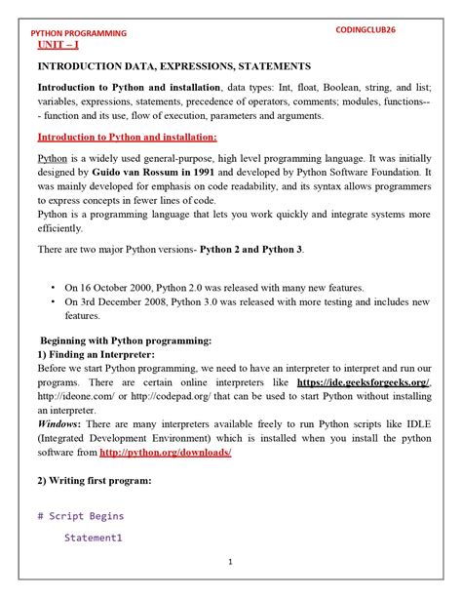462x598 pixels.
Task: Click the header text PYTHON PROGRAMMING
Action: pos(78,33)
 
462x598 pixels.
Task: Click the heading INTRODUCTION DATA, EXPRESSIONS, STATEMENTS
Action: pos(173,66)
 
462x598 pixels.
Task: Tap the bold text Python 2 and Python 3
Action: pos(251,249)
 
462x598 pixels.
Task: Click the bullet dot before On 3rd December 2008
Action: pos(52,302)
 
